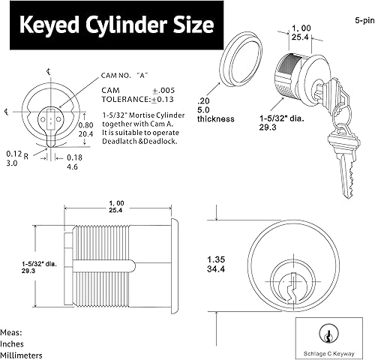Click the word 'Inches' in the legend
coord(13,343)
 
